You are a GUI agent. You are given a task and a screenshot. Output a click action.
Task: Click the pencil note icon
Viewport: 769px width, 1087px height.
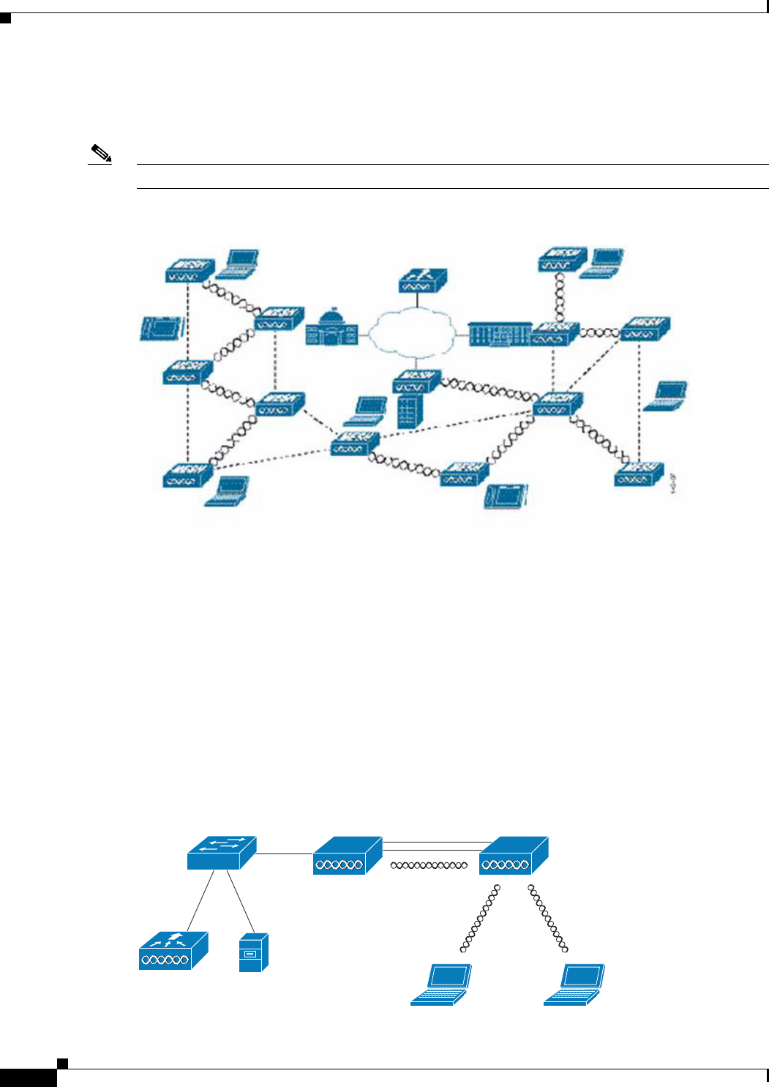click(x=100, y=154)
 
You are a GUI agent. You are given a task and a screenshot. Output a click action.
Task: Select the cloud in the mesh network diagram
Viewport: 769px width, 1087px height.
click(x=416, y=332)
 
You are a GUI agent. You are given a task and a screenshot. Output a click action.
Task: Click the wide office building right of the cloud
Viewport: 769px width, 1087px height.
click(x=498, y=334)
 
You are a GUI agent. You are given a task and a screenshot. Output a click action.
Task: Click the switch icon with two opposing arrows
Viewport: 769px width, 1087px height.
click(x=221, y=853)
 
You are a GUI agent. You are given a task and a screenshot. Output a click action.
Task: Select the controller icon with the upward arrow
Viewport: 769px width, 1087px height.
click(x=173, y=950)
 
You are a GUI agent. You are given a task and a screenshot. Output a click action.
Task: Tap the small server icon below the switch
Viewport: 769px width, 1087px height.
click(x=253, y=952)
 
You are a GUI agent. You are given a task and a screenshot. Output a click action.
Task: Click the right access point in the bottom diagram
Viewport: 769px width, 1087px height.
click(x=513, y=856)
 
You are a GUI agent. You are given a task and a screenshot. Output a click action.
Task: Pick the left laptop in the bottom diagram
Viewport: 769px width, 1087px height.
click(x=440, y=985)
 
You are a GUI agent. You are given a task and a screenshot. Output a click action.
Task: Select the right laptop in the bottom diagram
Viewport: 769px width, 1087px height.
click(x=574, y=985)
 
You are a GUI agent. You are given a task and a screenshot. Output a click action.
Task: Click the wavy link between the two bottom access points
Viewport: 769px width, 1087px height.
click(x=429, y=865)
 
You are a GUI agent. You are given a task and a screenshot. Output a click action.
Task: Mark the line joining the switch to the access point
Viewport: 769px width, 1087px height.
click(x=285, y=853)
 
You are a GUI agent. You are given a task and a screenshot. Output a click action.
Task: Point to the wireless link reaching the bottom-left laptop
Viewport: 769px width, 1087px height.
click(x=481, y=919)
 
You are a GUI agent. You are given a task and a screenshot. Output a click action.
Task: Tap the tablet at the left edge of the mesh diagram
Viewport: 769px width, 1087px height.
click(x=160, y=328)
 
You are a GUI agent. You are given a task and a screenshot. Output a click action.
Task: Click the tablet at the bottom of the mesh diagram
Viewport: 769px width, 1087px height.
click(x=506, y=495)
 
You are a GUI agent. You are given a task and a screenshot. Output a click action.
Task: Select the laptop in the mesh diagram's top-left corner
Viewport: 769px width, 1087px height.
click(x=241, y=263)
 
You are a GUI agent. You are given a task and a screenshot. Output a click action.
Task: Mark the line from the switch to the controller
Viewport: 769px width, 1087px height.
click(x=200, y=900)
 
